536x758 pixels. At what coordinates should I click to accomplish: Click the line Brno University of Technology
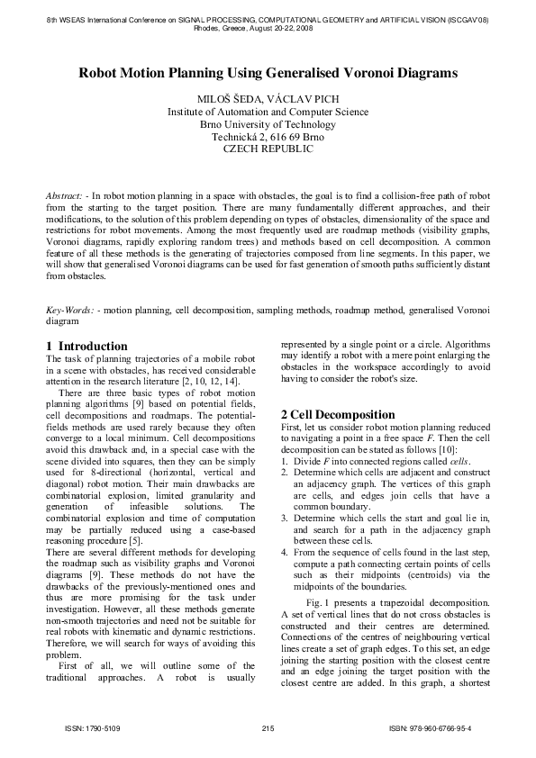click(268, 124)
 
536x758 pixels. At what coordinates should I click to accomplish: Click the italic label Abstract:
click(66, 194)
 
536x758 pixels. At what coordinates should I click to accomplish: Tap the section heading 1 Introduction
click(86, 346)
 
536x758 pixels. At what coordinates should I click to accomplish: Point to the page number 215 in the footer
click(268, 727)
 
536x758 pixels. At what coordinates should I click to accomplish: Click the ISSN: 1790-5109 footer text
click(86, 727)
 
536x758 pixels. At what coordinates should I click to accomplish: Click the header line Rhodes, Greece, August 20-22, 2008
click(268, 28)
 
